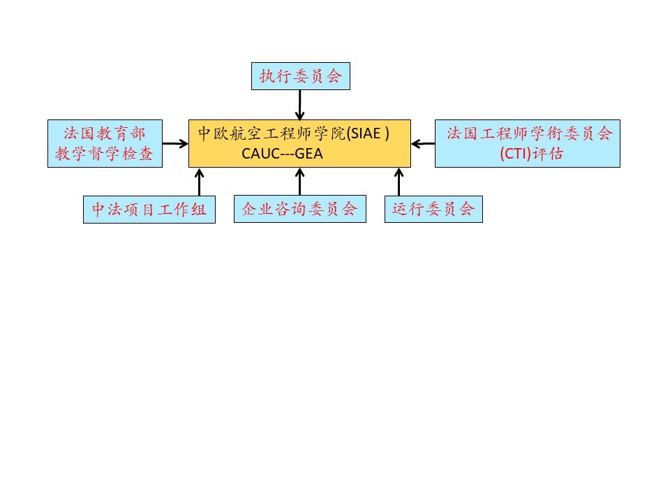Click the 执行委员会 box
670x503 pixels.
[300, 76]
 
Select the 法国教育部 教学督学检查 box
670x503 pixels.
[105, 143]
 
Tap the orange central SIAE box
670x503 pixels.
[299, 143]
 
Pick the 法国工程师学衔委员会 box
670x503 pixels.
[527, 143]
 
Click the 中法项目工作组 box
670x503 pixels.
[149, 209]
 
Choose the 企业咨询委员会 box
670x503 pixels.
[299, 209]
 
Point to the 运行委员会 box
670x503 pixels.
[433, 209]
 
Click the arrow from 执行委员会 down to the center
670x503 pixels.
[299, 105]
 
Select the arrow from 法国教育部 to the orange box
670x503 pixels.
[175, 144]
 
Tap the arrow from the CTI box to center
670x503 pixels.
[423, 144]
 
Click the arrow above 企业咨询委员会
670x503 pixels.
[299, 182]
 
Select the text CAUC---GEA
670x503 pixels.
[283, 154]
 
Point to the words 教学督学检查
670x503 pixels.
[105, 154]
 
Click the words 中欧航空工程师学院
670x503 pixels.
[272, 133]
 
